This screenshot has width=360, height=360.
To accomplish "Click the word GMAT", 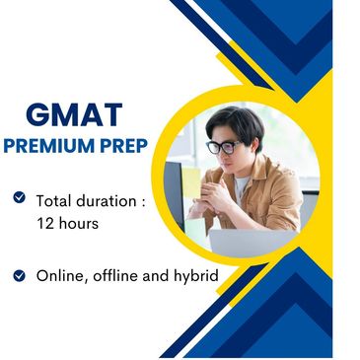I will tap(74, 114).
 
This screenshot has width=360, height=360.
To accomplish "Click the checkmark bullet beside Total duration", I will tap(19, 198).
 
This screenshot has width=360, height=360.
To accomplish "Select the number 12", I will tap(44, 224).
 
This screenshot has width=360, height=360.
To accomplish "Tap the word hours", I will tap(78, 224).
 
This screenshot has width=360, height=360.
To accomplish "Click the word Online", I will tap(60, 276).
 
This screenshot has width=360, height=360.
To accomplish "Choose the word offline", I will tap(123, 276).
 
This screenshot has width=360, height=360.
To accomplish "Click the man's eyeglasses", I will tap(224, 147).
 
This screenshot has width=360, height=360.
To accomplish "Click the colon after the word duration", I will tap(143, 201).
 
